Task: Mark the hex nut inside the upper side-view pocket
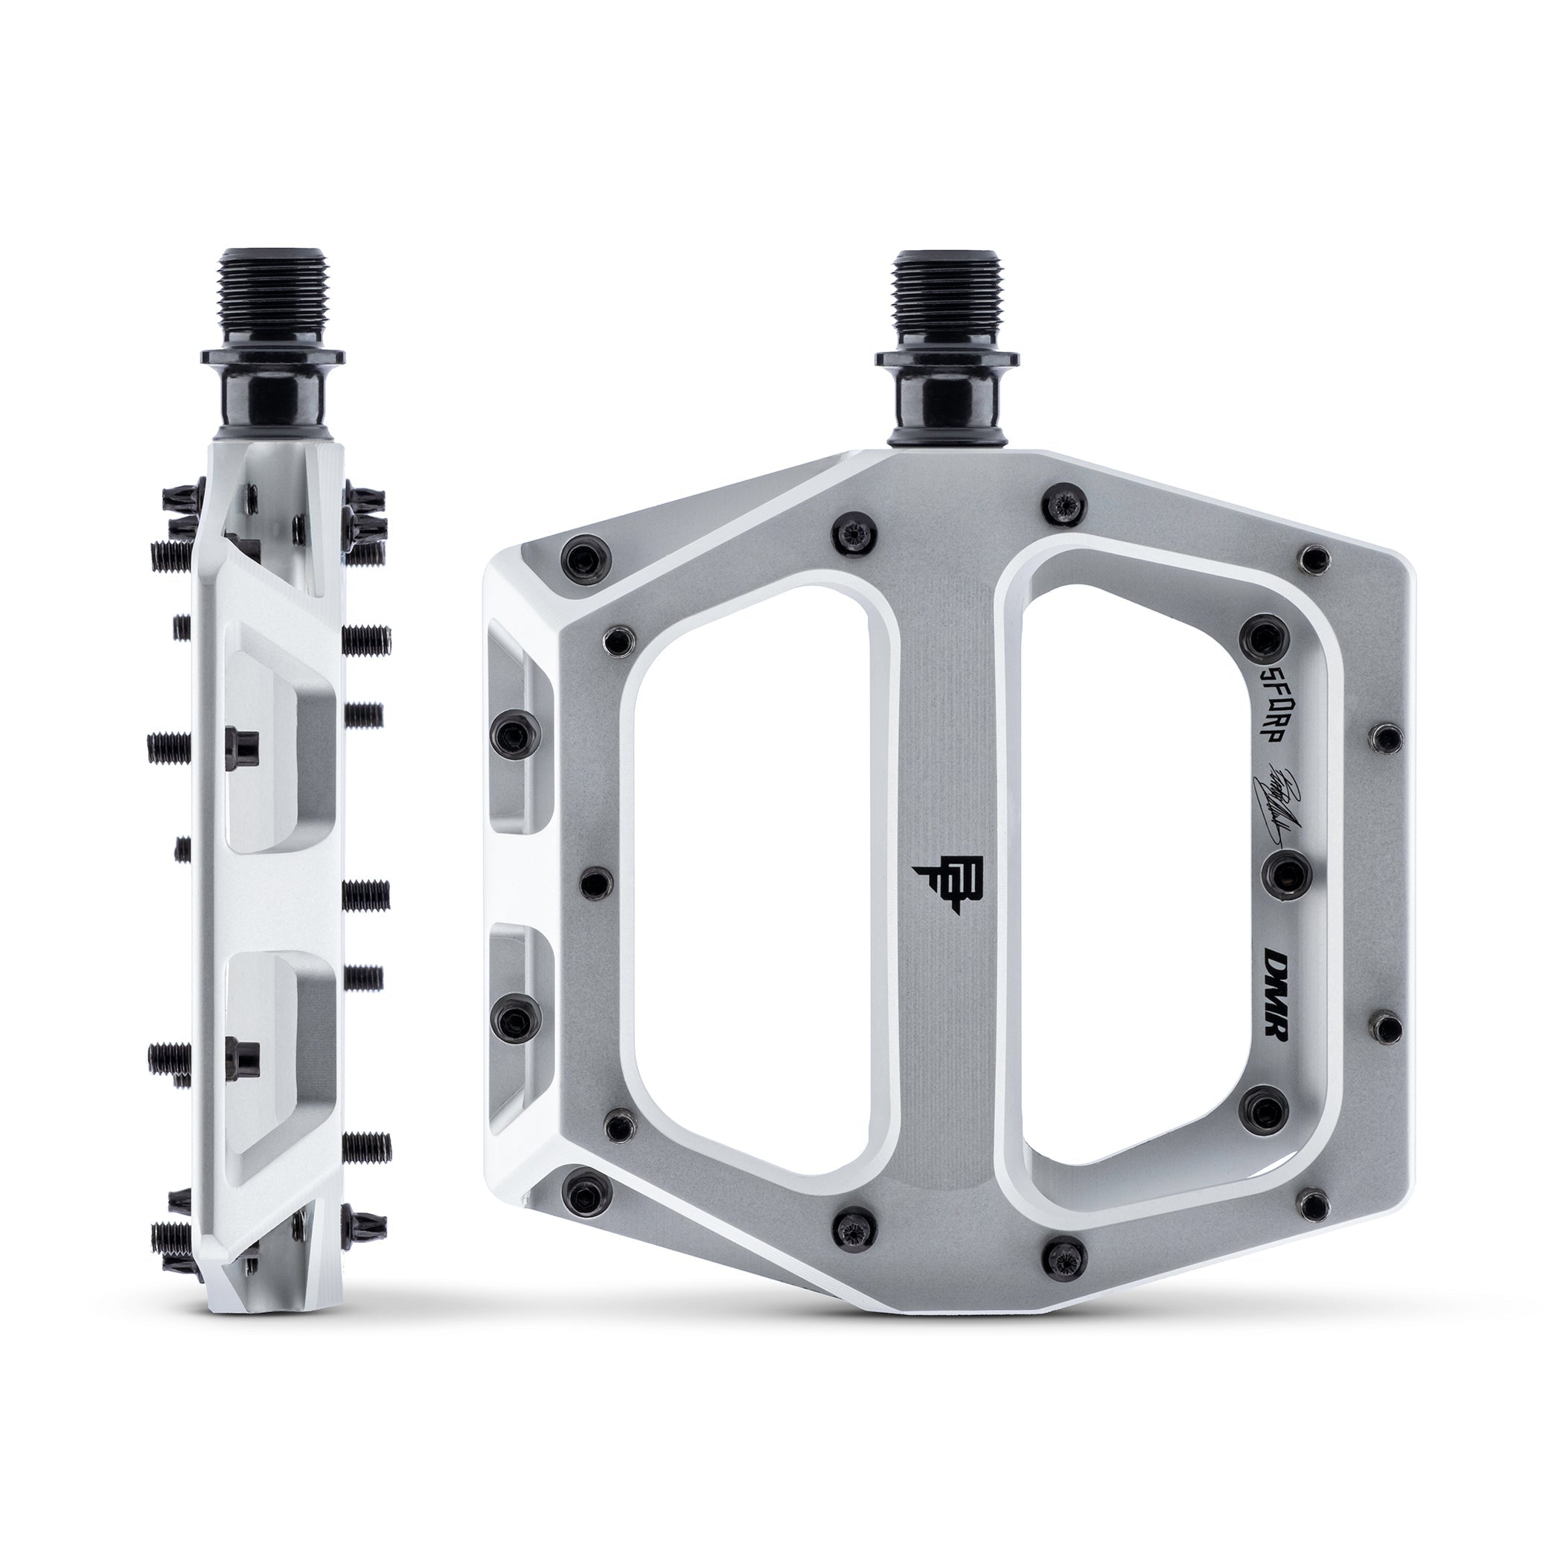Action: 243,741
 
